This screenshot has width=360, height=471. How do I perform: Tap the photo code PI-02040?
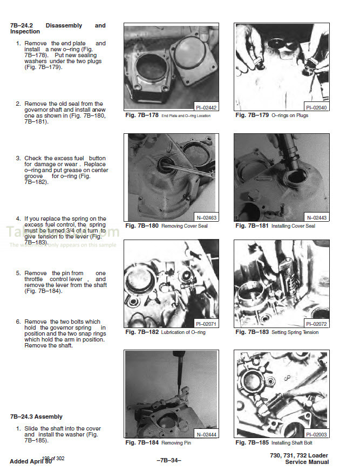point(316,108)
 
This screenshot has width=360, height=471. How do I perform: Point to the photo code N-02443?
point(316,218)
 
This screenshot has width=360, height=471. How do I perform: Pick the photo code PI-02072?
point(316,324)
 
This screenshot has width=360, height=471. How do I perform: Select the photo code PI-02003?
point(316,434)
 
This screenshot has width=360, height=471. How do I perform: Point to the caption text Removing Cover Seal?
point(184,226)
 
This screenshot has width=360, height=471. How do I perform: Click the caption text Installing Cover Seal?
point(293,226)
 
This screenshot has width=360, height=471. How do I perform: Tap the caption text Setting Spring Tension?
point(295,332)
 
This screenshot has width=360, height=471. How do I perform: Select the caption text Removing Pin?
point(176,443)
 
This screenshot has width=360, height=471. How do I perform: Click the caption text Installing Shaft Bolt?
point(294,443)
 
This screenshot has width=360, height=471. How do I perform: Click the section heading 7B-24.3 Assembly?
point(36,417)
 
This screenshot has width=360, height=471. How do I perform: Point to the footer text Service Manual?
point(307,462)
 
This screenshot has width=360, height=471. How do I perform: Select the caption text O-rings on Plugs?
point(290,115)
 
